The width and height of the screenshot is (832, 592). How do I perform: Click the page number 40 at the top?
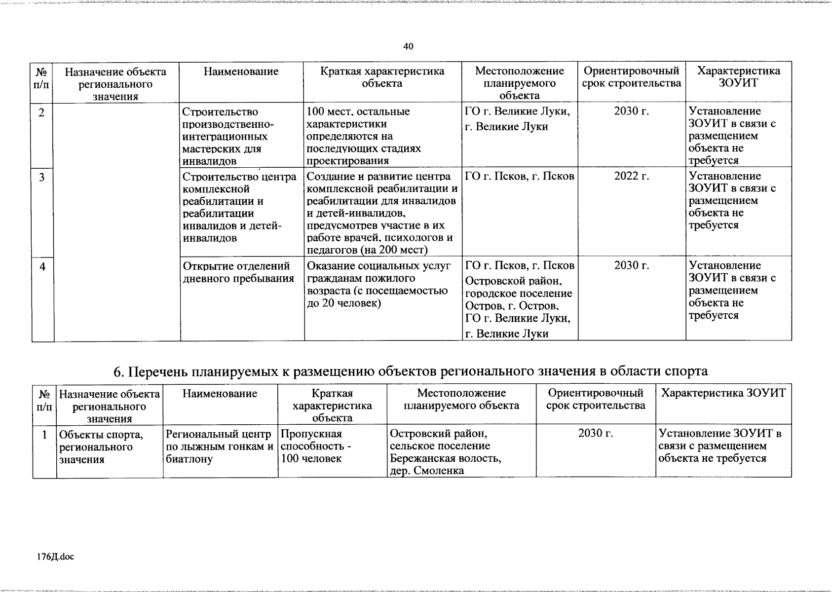408,47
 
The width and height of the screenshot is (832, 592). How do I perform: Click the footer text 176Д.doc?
55,557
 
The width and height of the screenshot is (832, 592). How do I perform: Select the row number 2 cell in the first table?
42,113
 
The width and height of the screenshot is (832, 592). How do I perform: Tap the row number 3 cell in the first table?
42,177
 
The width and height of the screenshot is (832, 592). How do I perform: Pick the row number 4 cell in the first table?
42,267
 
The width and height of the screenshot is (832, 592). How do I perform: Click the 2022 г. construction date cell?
631,176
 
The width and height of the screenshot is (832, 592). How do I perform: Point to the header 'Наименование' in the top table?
241,72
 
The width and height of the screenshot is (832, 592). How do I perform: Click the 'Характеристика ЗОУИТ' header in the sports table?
723,393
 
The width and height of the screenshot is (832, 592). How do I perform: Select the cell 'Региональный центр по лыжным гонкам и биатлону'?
220,446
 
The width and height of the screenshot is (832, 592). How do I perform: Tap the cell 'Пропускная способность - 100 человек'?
311,446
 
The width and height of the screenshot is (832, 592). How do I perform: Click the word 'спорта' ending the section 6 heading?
687,371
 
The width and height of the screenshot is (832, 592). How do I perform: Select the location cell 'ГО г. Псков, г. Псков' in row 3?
520,176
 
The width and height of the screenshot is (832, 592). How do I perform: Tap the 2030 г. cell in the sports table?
596,434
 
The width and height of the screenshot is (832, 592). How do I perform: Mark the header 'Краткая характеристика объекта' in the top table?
382,77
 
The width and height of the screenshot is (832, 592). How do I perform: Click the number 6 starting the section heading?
117,371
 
